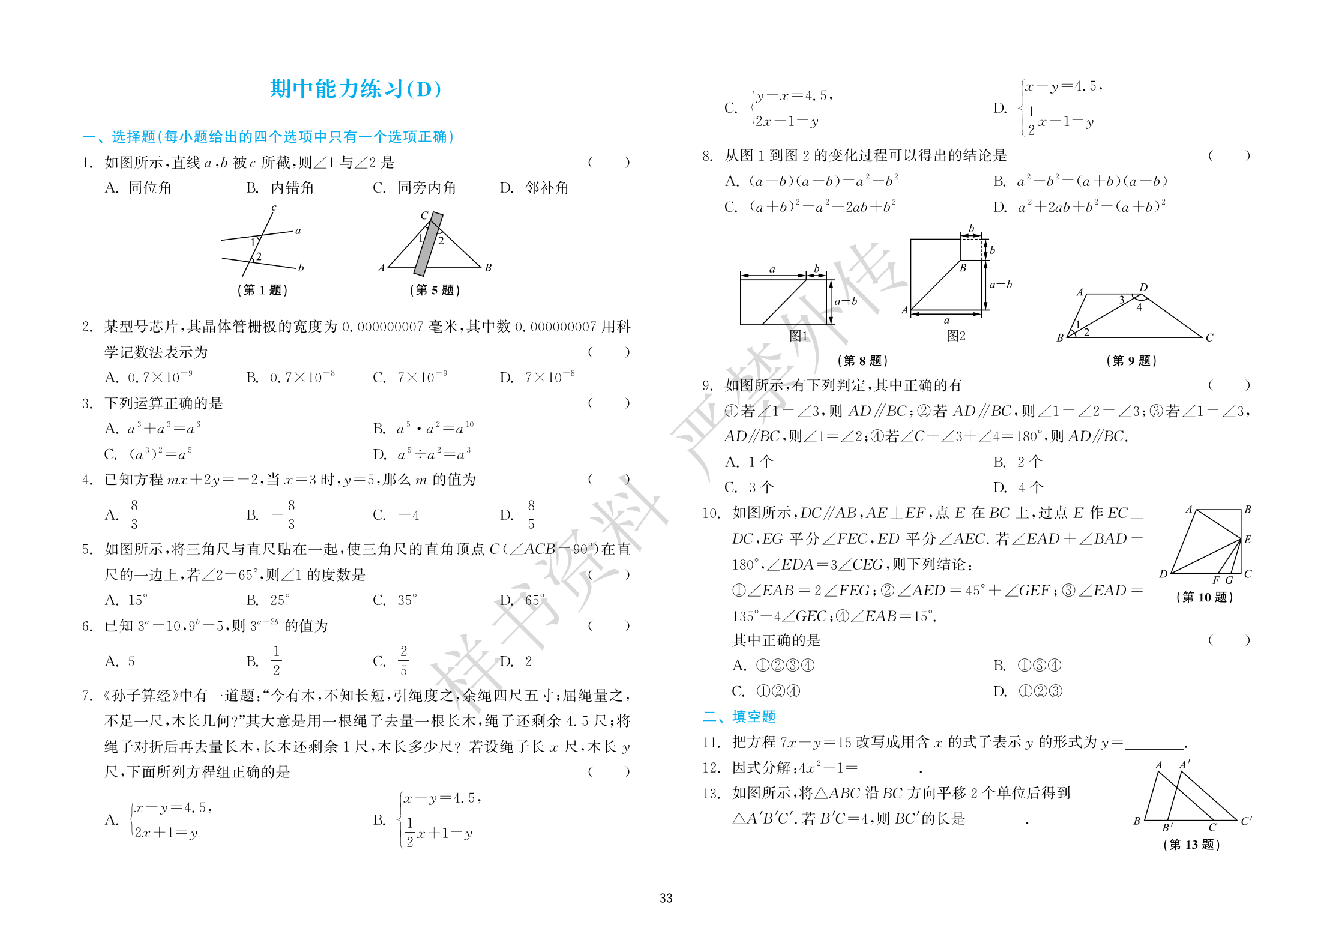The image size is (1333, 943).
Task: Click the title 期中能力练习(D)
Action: pos(355,89)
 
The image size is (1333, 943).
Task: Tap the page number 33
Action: pos(666,898)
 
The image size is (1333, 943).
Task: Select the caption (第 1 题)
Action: pos(262,290)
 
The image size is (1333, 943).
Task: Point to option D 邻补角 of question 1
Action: pos(534,188)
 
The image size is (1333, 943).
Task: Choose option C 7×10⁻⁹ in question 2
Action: pos(411,377)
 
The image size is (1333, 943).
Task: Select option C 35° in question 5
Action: pos(395,600)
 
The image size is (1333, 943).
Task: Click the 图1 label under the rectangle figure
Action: pos(798,336)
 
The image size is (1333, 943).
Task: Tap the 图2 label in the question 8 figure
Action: pos(955,336)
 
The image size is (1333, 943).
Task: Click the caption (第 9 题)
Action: pos(1131,360)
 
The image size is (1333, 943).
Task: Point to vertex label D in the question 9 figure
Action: pos(1143,288)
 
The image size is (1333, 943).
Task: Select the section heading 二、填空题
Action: pos(739,716)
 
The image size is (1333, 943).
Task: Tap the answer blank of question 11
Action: pos(1155,743)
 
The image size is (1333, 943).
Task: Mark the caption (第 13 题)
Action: pos(1191,845)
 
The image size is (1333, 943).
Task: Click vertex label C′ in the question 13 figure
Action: pos(1246,821)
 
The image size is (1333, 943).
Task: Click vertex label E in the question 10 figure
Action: pos(1248,539)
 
